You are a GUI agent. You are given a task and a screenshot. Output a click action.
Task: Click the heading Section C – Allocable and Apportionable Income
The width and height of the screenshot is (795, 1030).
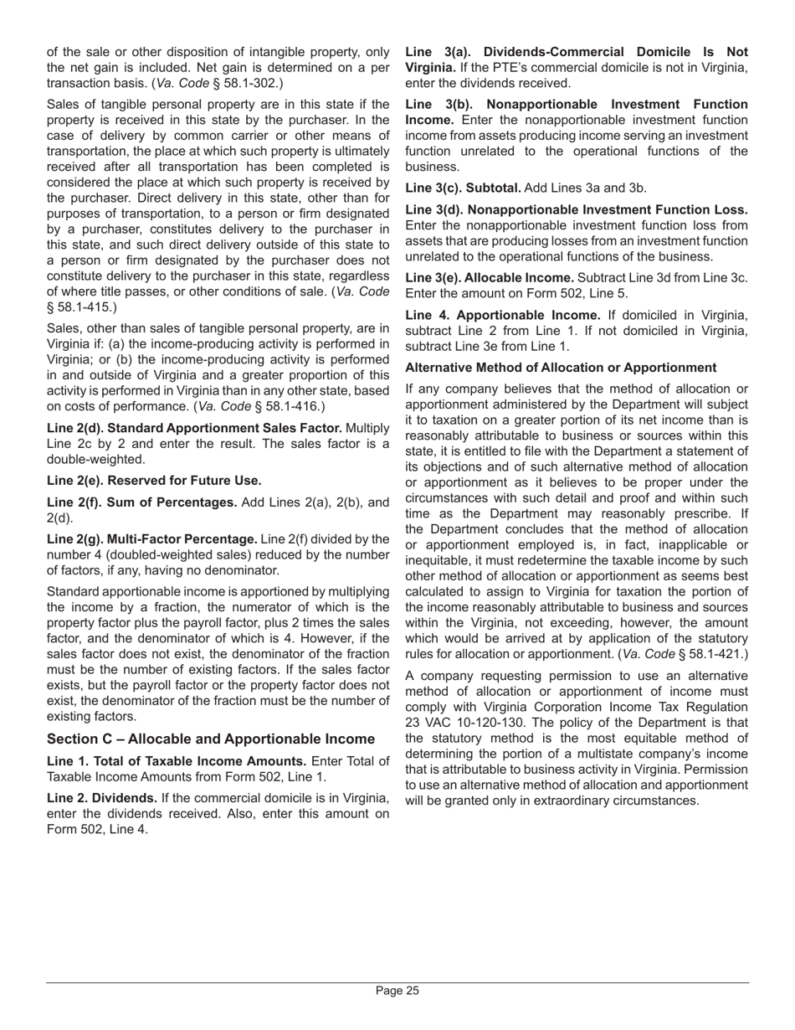coord(211,739)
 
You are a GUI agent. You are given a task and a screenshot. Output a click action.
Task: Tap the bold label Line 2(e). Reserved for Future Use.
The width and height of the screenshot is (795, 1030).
coord(154,481)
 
